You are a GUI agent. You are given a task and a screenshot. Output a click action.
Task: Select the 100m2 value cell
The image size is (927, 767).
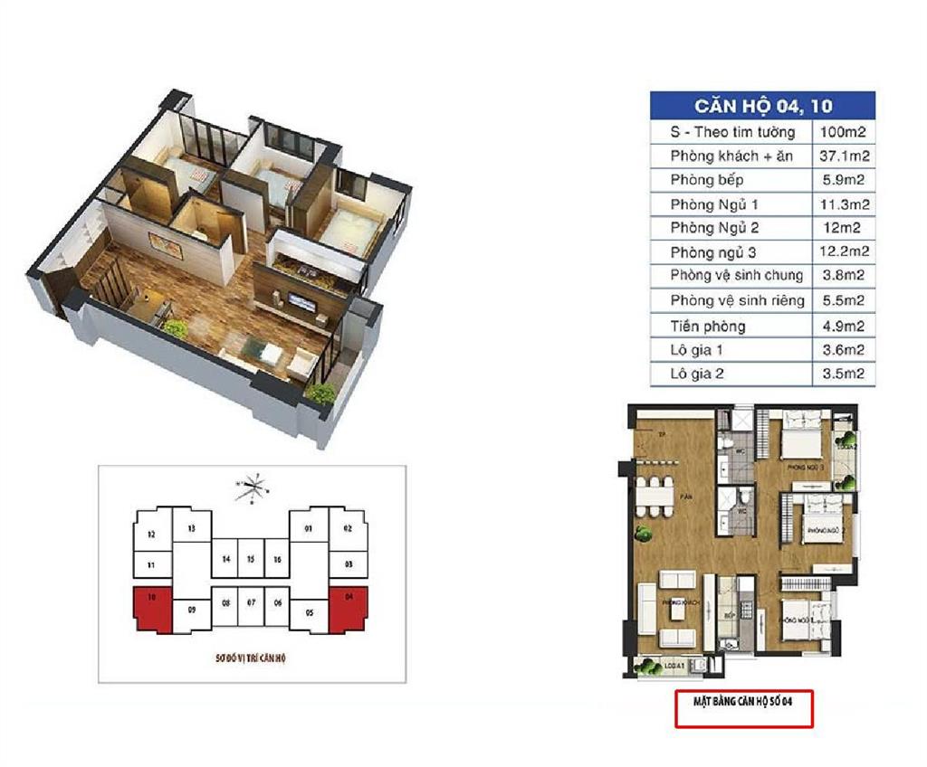point(844,132)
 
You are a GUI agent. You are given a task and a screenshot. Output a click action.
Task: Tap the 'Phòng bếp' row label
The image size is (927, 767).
point(707,180)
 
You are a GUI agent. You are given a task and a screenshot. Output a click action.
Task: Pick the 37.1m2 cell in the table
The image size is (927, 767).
point(844,156)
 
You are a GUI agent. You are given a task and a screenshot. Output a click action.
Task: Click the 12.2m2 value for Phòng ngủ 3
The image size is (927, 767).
point(844,251)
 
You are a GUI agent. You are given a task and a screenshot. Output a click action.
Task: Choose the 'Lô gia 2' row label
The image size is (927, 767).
point(697,373)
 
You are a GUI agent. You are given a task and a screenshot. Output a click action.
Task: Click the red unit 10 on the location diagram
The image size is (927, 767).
point(151,608)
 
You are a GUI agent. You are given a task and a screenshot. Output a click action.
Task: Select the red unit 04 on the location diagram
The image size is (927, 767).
point(349,608)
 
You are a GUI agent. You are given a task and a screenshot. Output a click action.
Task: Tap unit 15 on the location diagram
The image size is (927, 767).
point(250,560)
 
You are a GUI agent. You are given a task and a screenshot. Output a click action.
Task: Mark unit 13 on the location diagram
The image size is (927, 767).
point(191,527)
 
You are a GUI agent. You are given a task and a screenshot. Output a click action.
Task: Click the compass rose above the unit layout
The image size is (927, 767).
point(253,488)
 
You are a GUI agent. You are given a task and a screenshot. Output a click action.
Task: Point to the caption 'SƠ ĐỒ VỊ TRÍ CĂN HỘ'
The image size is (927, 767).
point(252,658)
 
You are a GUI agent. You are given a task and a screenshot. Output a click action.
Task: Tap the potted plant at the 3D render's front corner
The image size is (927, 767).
point(320,392)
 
